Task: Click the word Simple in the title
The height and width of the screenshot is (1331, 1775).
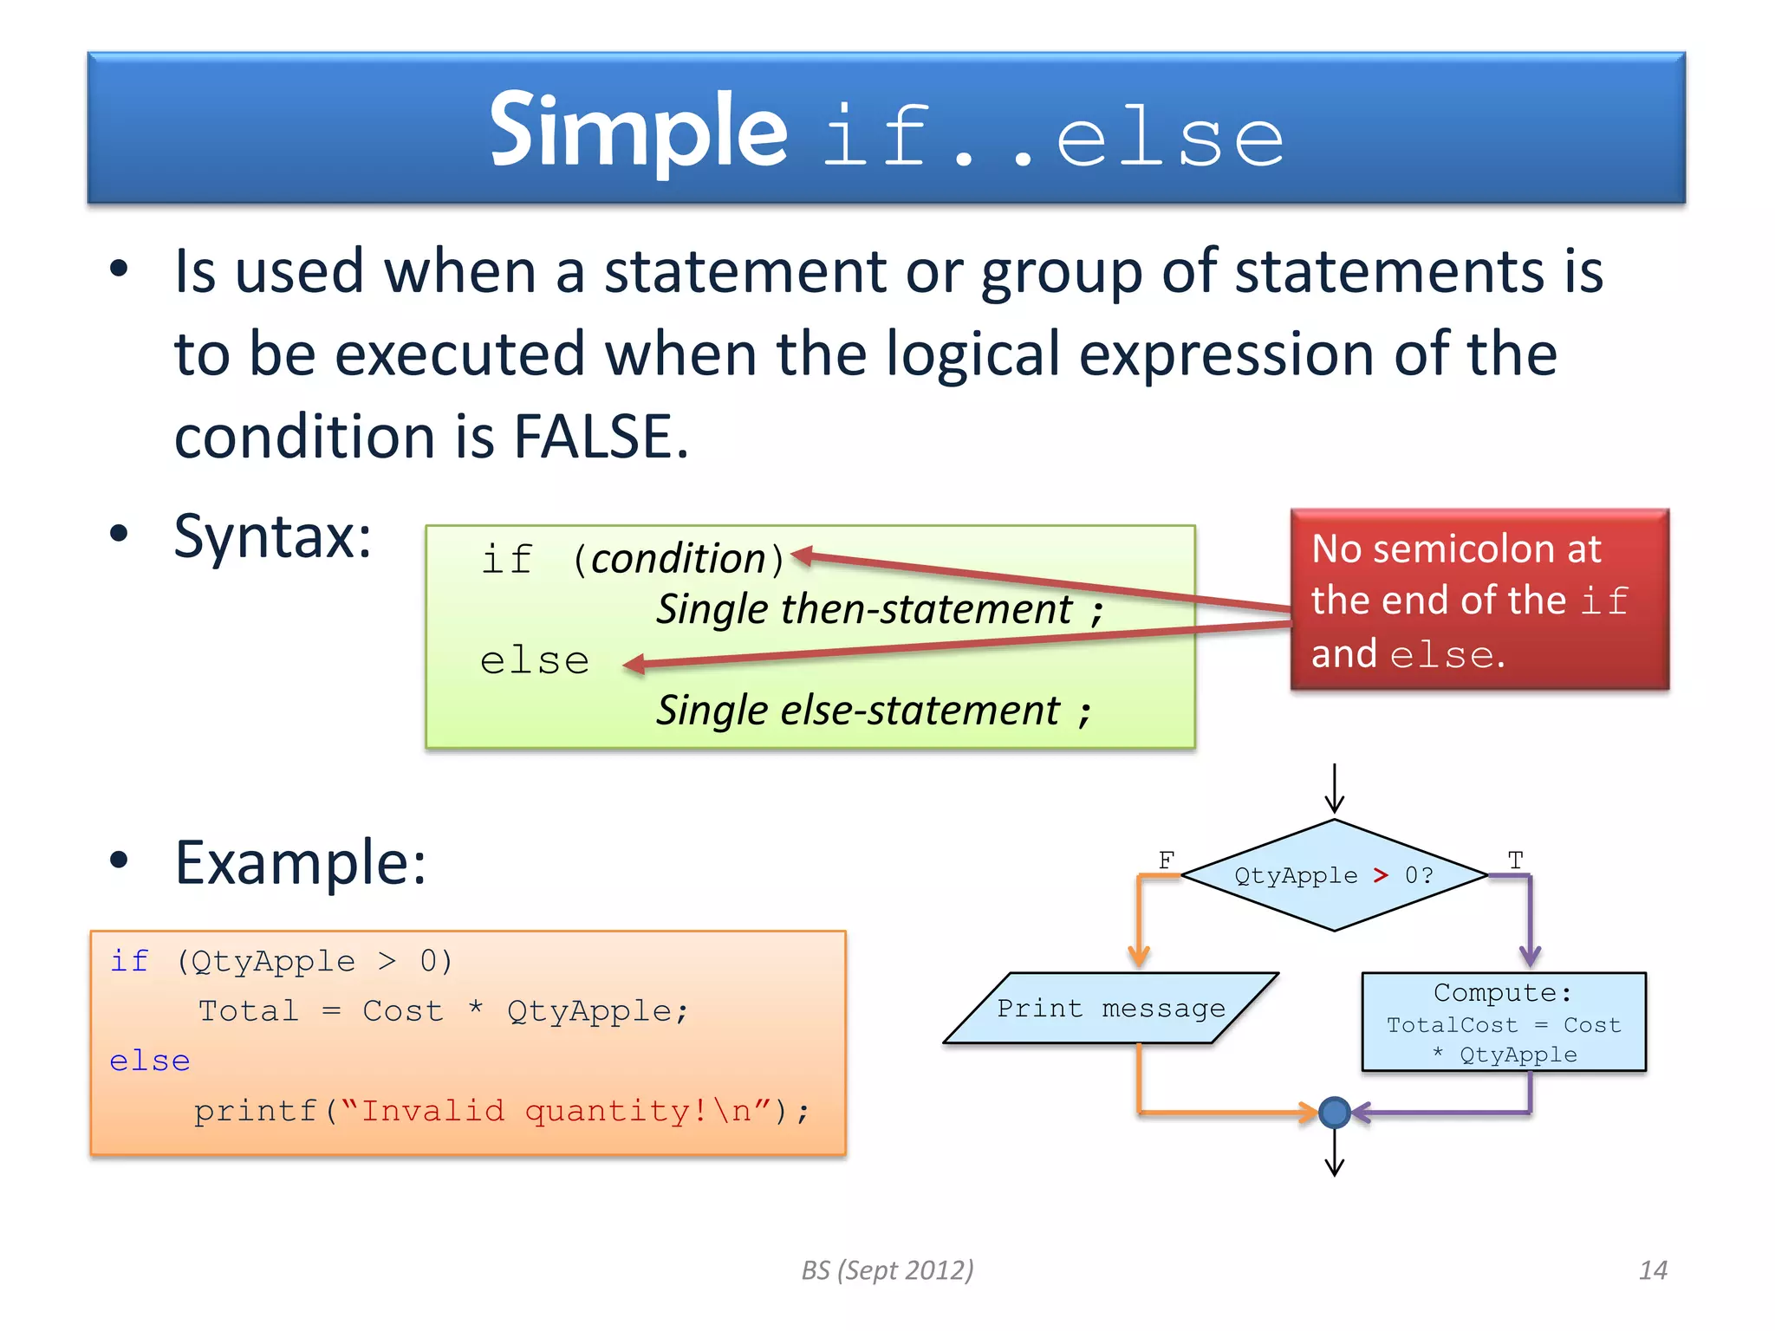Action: pos(637,133)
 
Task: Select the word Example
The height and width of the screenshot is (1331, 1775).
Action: pos(300,863)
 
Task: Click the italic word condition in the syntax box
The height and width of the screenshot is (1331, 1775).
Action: pos(679,559)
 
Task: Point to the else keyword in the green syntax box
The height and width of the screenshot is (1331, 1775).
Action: pos(534,661)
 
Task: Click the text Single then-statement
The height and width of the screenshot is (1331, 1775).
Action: pos(864,609)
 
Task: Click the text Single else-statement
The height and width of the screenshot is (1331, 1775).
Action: pos(858,711)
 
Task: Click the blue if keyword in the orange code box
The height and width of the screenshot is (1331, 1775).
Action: pos(129,961)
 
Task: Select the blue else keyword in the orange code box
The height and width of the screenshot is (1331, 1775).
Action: pos(149,1061)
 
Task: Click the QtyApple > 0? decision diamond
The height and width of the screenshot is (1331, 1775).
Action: pos(1334,875)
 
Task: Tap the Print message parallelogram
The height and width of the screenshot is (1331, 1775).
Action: pos(1110,1009)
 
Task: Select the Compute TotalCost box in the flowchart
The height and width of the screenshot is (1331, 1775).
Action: pos(1503,1023)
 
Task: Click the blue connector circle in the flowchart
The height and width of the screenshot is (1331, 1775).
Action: pos(1334,1112)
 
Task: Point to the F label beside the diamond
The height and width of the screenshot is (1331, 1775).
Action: pos(1166,860)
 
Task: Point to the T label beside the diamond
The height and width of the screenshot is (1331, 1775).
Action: pos(1515,860)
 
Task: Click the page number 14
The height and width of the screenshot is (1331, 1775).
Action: pos(1653,1270)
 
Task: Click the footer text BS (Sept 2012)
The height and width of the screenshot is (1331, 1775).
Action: pos(887,1270)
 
